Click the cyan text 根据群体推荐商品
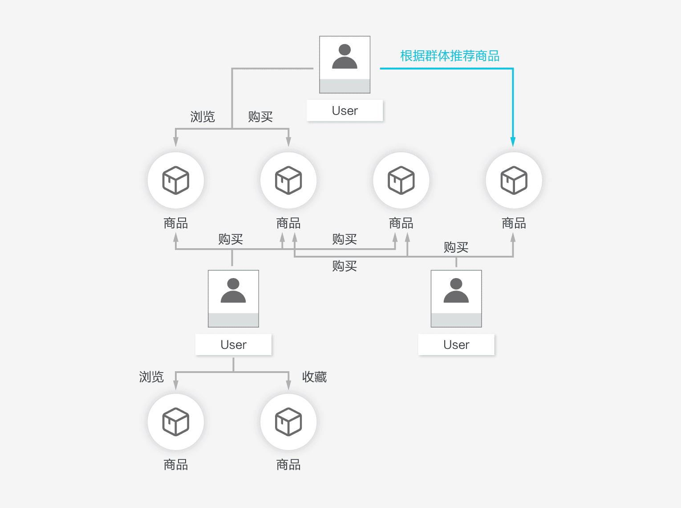coord(450,56)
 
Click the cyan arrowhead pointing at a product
coord(513,142)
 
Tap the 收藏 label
coord(314,377)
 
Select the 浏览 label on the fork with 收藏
coord(151,377)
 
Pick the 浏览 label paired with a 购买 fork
coord(203,117)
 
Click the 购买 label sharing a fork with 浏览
coord(260,117)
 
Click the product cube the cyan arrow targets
coord(514,180)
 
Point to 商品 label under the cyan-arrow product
coord(514,223)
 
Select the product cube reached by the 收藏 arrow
coord(288,422)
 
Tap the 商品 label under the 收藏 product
coord(288,465)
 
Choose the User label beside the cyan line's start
coord(345,111)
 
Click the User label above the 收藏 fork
coord(233,344)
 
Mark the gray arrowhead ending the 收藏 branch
coord(288,385)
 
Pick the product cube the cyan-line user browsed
coord(176,180)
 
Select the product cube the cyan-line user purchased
coord(288,180)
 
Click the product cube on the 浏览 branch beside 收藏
coord(176,422)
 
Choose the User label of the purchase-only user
coord(456,344)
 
